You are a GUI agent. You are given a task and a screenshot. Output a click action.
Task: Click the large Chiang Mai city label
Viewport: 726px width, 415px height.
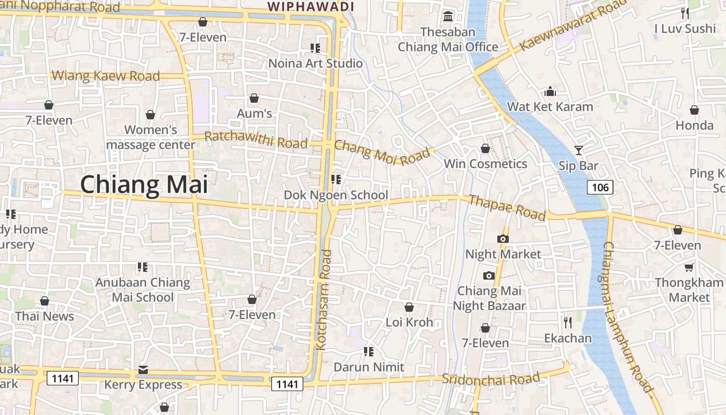tap(144, 185)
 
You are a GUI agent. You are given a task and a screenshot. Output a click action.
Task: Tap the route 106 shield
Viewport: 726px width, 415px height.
tap(601, 187)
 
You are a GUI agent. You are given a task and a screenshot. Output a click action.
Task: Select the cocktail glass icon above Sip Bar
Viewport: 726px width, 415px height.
tap(579, 150)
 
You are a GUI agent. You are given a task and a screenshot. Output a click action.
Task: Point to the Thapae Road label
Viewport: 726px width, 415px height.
tap(507, 207)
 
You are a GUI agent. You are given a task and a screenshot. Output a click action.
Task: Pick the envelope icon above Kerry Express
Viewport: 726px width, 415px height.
tap(143, 370)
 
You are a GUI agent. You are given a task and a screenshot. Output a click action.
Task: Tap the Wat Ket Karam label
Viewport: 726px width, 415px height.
tap(550, 107)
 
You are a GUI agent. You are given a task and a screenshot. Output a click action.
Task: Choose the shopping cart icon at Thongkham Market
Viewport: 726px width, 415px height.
tap(689, 268)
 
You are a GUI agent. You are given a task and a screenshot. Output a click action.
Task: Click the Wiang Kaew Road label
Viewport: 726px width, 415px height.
tap(106, 76)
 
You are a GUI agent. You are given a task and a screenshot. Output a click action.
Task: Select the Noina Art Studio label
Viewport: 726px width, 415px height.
tap(315, 63)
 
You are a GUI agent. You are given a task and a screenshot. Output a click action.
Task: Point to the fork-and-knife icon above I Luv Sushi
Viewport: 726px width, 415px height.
tap(685, 13)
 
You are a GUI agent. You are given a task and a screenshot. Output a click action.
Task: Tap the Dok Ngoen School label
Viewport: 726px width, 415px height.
tap(336, 195)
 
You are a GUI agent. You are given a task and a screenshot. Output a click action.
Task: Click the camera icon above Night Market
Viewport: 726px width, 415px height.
tap(502, 239)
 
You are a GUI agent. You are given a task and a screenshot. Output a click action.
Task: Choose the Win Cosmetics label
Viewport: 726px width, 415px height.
tap(485, 164)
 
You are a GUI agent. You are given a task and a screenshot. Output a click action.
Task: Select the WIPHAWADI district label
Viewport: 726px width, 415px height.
tap(311, 6)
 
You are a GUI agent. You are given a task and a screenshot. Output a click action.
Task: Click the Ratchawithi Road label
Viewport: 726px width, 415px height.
tap(256, 139)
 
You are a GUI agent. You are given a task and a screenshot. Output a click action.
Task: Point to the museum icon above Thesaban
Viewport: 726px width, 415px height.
tap(448, 17)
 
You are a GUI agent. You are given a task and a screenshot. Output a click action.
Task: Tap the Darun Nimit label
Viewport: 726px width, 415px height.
tap(369, 367)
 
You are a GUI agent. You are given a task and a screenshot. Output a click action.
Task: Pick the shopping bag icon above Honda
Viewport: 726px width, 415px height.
tap(694, 110)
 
